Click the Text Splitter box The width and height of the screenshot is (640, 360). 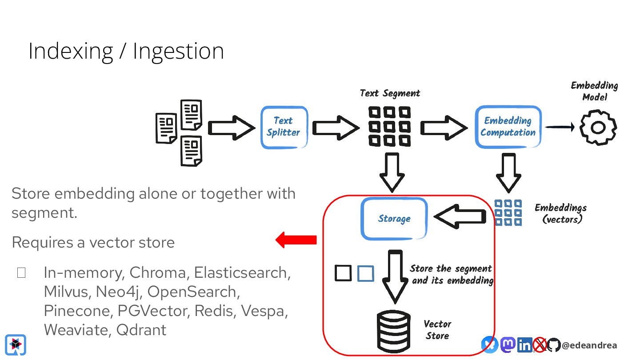click(284, 128)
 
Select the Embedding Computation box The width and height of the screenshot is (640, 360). click(508, 127)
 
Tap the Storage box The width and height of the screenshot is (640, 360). click(394, 219)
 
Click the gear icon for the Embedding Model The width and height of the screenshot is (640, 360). click(598, 128)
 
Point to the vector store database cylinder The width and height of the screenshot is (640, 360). click(394, 332)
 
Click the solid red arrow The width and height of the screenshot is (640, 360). click(296, 240)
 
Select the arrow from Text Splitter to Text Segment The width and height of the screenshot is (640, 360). click(336, 128)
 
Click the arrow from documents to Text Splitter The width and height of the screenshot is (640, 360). click(232, 128)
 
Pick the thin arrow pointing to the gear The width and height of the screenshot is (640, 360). click(560, 127)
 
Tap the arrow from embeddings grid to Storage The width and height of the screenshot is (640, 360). click(460, 216)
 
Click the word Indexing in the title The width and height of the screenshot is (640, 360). click(71, 52)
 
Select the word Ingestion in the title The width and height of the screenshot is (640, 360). click(178, 52)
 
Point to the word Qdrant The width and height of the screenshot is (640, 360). click(141, 330)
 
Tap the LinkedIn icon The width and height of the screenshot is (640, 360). click(525, 345)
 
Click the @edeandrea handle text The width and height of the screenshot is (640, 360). click(589, 345)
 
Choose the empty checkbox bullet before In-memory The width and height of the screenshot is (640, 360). click(21, 273)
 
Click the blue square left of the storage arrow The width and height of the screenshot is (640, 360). click(366, 273)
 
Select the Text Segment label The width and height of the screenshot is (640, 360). click(390, 93)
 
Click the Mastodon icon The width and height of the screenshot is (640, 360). click(508, 345)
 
